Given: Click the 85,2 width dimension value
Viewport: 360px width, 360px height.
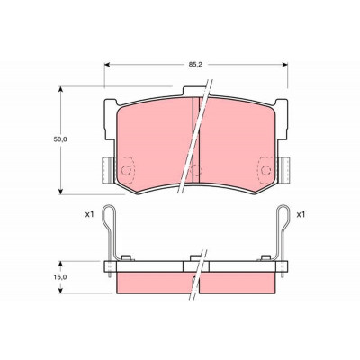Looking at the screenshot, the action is coord(194,64).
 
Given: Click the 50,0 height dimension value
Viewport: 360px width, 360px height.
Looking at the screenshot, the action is coord(60,139).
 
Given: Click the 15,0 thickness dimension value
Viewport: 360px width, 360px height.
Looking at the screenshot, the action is coord(60,277).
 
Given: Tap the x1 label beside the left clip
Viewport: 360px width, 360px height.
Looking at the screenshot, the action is coord(90,214).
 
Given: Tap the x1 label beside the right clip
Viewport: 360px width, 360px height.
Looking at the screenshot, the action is coord(301,214).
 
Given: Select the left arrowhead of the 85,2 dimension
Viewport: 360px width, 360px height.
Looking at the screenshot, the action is coord(107,64).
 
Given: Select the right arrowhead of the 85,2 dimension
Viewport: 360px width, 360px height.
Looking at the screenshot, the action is coord(284,64).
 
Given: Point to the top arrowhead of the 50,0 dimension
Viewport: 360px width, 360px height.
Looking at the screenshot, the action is coord(61,90).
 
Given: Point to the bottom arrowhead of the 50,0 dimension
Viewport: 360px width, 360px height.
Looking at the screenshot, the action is coord(61,191).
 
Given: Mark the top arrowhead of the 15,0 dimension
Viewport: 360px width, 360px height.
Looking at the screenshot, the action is coord(61,265).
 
